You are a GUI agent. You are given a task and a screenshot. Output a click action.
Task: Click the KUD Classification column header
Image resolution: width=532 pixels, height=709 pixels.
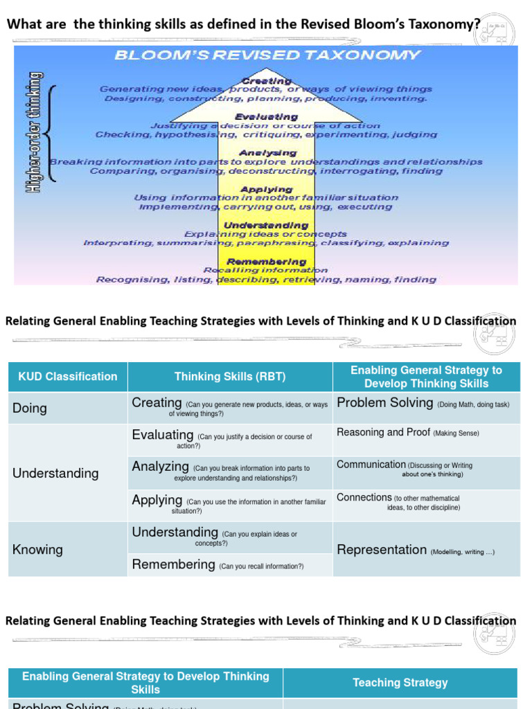point(68,377)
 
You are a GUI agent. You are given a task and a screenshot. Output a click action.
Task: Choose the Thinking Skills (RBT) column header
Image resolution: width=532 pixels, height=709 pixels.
point(230,377)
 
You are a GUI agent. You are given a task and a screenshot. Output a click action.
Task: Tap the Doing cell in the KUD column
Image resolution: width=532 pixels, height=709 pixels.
point(30,409)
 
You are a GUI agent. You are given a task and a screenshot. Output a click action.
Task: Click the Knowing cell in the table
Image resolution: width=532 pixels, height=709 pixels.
point(37,550)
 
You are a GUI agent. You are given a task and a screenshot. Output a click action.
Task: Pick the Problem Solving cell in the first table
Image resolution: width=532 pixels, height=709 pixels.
point(423,403)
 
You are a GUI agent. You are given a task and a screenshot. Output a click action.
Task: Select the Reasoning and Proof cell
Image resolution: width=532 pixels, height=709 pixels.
point(407,433)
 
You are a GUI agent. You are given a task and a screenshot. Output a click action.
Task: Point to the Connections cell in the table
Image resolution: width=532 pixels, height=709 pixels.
point(398,501)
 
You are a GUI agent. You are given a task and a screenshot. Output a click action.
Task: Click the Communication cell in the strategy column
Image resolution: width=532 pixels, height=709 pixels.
point(404,469)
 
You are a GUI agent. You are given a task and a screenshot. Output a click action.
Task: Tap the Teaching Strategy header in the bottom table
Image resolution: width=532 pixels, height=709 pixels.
point(400,683)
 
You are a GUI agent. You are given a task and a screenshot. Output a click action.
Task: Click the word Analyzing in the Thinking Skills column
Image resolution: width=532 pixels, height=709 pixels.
point(160,467)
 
